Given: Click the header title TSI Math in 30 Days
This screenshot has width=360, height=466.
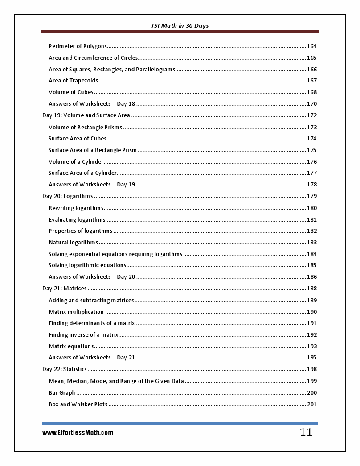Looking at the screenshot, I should click(x=180, y=26).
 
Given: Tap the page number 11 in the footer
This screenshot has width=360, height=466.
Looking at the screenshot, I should click(x=306, y=432).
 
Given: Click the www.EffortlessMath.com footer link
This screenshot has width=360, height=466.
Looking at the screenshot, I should click(x=78, y=433).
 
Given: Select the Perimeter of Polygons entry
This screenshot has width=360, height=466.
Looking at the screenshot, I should click(x=78, y=46).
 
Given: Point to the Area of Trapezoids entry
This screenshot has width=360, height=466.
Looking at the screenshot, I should click(x=73, y=81).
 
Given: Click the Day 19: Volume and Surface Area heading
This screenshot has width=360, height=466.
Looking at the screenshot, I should click(x=86, y=115).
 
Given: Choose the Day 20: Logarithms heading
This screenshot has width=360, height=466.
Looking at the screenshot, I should click(x=67, y=196).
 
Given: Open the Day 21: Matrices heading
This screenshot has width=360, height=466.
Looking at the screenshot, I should click(x=64, y=289).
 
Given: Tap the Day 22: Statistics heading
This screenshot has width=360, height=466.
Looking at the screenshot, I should click(x=64, y=369).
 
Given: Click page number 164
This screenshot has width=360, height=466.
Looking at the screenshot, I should click(x=311, y=46).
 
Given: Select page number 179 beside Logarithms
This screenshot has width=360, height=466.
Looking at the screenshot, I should click(x=311, y=196).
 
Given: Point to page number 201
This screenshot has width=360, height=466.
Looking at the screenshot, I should click(x=311, y=404).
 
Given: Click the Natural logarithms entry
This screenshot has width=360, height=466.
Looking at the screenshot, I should click(x=73, y=243).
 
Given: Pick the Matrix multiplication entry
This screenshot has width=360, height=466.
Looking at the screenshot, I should click(x=76, y=312).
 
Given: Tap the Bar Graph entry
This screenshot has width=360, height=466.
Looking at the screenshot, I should click(x=62, y=393).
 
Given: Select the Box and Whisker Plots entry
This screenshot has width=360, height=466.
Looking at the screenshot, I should click(x=78, y=404).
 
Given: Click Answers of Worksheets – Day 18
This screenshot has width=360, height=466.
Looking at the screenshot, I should click(x=92, y=104).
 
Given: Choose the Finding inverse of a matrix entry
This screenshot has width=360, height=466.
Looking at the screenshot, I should click(x=83, y=335).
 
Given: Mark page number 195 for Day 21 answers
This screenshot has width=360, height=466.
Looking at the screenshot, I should click(x=311, y=358).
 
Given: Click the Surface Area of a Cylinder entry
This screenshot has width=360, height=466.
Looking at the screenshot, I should click(x=82, y=173).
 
